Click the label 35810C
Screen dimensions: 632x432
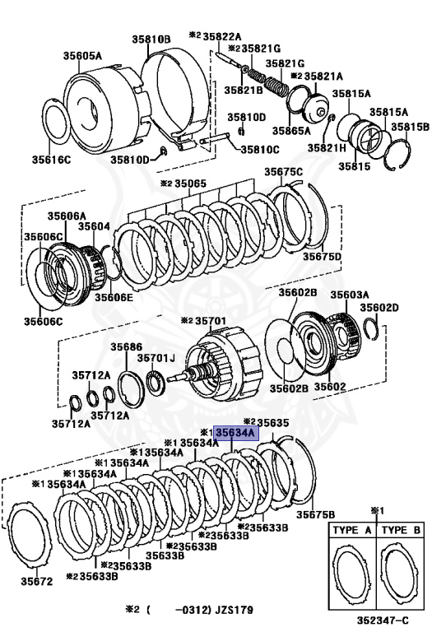coord(259,149)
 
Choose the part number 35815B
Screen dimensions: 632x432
coord(408,127)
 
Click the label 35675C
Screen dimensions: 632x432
coord(284,171)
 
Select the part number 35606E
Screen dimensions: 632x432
coord(113,297)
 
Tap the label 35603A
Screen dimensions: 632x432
coord(350,294)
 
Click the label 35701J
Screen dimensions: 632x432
coord(156,359)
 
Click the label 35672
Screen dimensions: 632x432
coord(36,581)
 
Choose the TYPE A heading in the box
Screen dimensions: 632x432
coord(352,531)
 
